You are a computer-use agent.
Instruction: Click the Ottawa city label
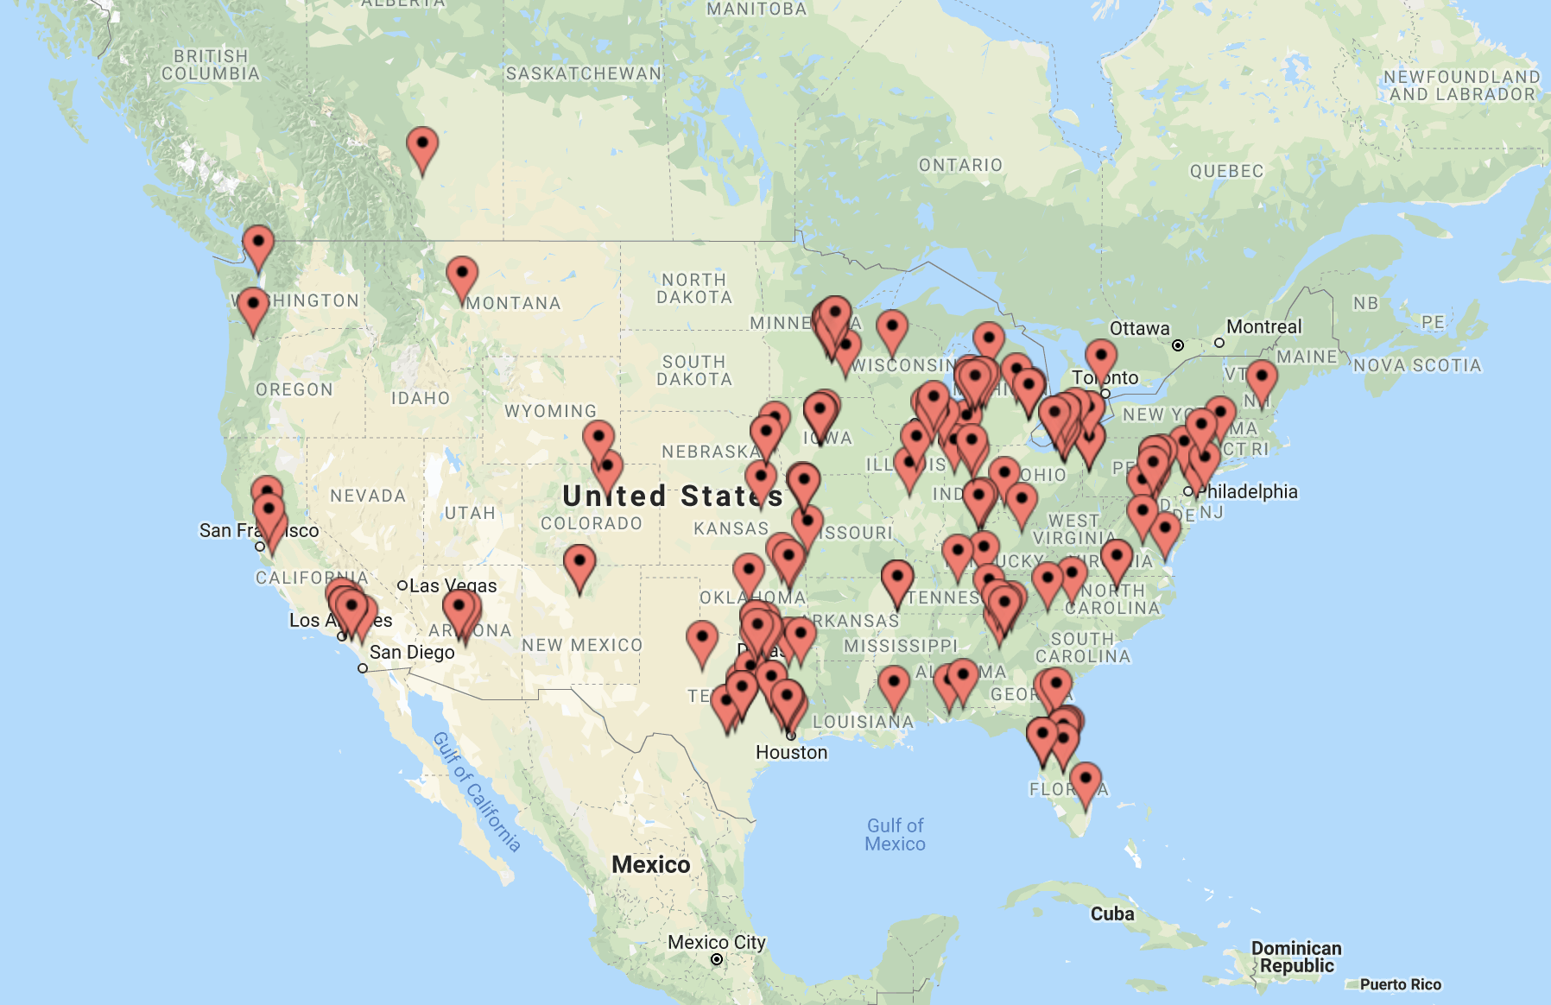click(x=1139, y=329)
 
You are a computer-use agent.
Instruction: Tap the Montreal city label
click(x=1263, y=327)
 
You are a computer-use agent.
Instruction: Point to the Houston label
click(x=791, y=753)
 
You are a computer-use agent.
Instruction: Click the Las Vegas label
click(x=453, y=586)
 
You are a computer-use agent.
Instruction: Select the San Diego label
click(x=411, y=653)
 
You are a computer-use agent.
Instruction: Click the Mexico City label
click(x=716, y=943)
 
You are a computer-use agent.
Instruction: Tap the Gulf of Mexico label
click(x=895, y=835)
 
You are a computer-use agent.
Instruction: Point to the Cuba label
click(x=1111, y=914)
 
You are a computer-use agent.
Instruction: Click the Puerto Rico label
click(x=1400, y=984)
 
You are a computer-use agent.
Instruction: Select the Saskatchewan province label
click(x=584, y=74)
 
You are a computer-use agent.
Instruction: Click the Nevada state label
click(x=368, y=496)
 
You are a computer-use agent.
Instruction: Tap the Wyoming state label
click(x=550, y=412)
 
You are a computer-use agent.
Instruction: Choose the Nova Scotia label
click(x=1417, y=366)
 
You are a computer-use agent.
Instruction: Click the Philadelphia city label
click(x=1247, y=492)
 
